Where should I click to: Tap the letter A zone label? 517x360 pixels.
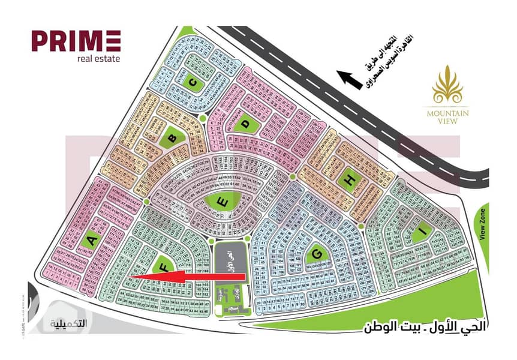click(x=92, y=241)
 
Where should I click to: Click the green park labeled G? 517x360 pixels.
click(x=314, y=256)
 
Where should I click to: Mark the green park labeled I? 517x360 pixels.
click(x=422, y=232)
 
